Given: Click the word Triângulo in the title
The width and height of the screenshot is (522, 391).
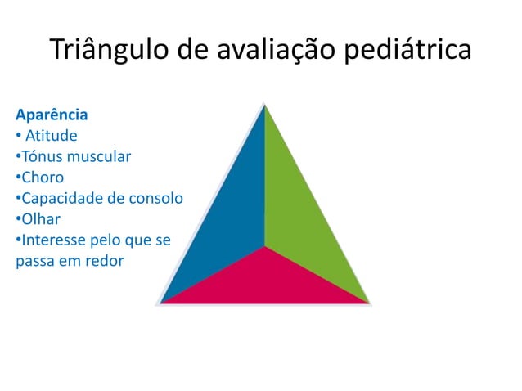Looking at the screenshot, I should pyautogui.click(x=109, y=49).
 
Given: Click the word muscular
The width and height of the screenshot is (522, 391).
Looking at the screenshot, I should pyautogui.click(x=99, y=155).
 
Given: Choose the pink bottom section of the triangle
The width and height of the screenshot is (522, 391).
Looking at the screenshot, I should pyautogui.click(x=264, y=282).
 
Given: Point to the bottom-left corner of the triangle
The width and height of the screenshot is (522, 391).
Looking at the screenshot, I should pyautogui.click(x=160, y=303).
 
